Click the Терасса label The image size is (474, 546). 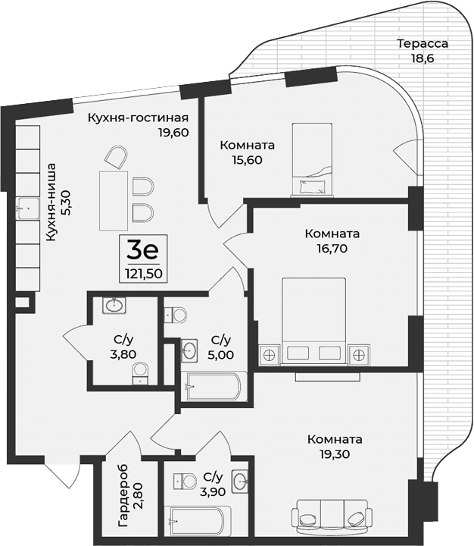[423, 43]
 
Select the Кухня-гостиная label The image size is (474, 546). [137, 118]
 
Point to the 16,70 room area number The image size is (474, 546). [334, 247]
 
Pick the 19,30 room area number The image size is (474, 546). [334, 453]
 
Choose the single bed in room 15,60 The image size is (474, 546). [312, 159]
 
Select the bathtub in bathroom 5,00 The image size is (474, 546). [213, 387]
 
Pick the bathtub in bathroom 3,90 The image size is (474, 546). [196, 522]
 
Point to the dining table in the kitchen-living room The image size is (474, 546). [114, 200]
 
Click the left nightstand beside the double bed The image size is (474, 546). [269, 353]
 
